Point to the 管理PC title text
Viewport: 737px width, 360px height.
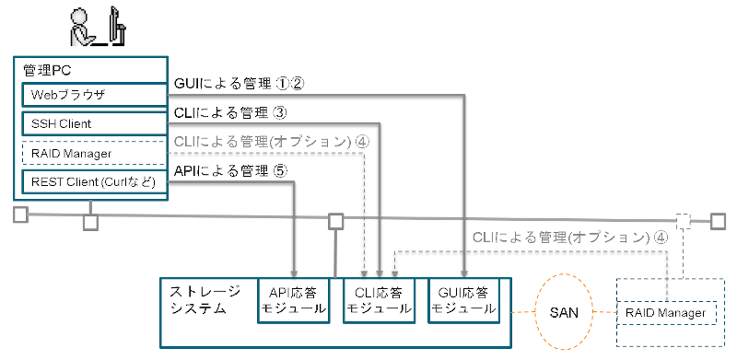tap(42, 69)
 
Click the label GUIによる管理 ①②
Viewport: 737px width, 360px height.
tap(239, 84)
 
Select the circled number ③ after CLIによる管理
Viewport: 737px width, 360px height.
tap(282, 112)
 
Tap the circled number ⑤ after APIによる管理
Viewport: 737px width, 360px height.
tap(282, 170)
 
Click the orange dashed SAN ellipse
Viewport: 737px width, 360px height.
tap(565, 312)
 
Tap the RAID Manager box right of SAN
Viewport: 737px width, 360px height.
tap(666, 314)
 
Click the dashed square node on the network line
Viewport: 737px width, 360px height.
tap(683, 221)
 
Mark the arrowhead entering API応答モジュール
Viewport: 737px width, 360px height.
tap(293, 273)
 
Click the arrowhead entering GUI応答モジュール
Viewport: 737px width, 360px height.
tap(465, 273)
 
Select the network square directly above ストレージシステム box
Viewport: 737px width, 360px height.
tap(336, 221)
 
